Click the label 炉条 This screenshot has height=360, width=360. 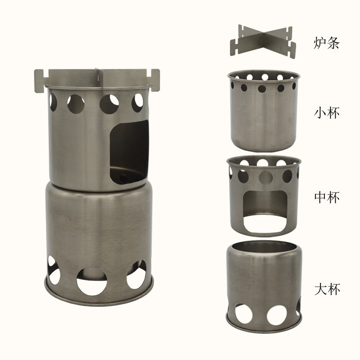[x=326, y=43]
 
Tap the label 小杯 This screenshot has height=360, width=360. [x=327, y=113]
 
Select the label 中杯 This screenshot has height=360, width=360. [x=327, y=197]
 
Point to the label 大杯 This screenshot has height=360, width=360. [x=327, y=289]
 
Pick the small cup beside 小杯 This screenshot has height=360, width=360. [x=264, y=111]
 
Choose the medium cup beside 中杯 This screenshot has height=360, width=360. [x=264, y=196]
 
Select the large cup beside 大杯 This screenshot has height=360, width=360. [x=264, y=287]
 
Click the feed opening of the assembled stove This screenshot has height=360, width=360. [x=129, y=152]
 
